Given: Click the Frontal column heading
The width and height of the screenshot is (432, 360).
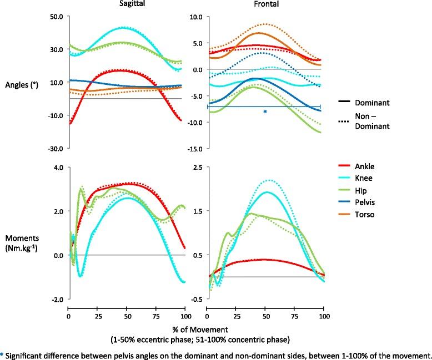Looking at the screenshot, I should (x=264, y=4).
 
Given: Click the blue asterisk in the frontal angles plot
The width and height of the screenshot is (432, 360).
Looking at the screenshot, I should (x=265, y=113).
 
